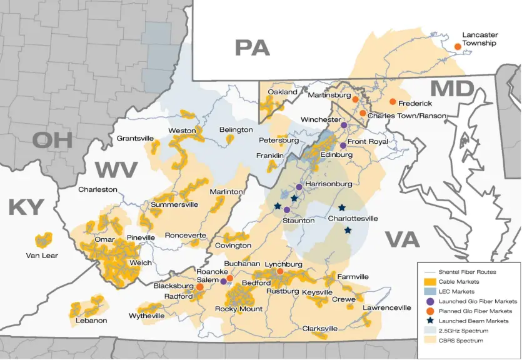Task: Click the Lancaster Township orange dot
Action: click(x=458, y=46)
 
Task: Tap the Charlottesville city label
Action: click(x=353, y=219)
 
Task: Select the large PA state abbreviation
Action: click(x=252, y=47)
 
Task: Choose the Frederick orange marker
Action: click(x=393, y=102)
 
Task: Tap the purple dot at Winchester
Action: click(x=344, y=125)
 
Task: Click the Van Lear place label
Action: click(x=41, y=255)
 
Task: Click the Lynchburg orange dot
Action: click(x=280, y=271)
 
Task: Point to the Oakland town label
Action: click(x=283, y=92)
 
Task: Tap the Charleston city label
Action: click(x=98, y=189)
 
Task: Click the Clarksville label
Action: click(x=319, y=328)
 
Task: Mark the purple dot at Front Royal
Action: click(x=343, y=145)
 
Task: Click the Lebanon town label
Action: click(x=91, y=321)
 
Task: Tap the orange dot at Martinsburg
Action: click(x=355, y=100)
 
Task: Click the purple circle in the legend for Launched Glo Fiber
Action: click(x=431, y=301)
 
